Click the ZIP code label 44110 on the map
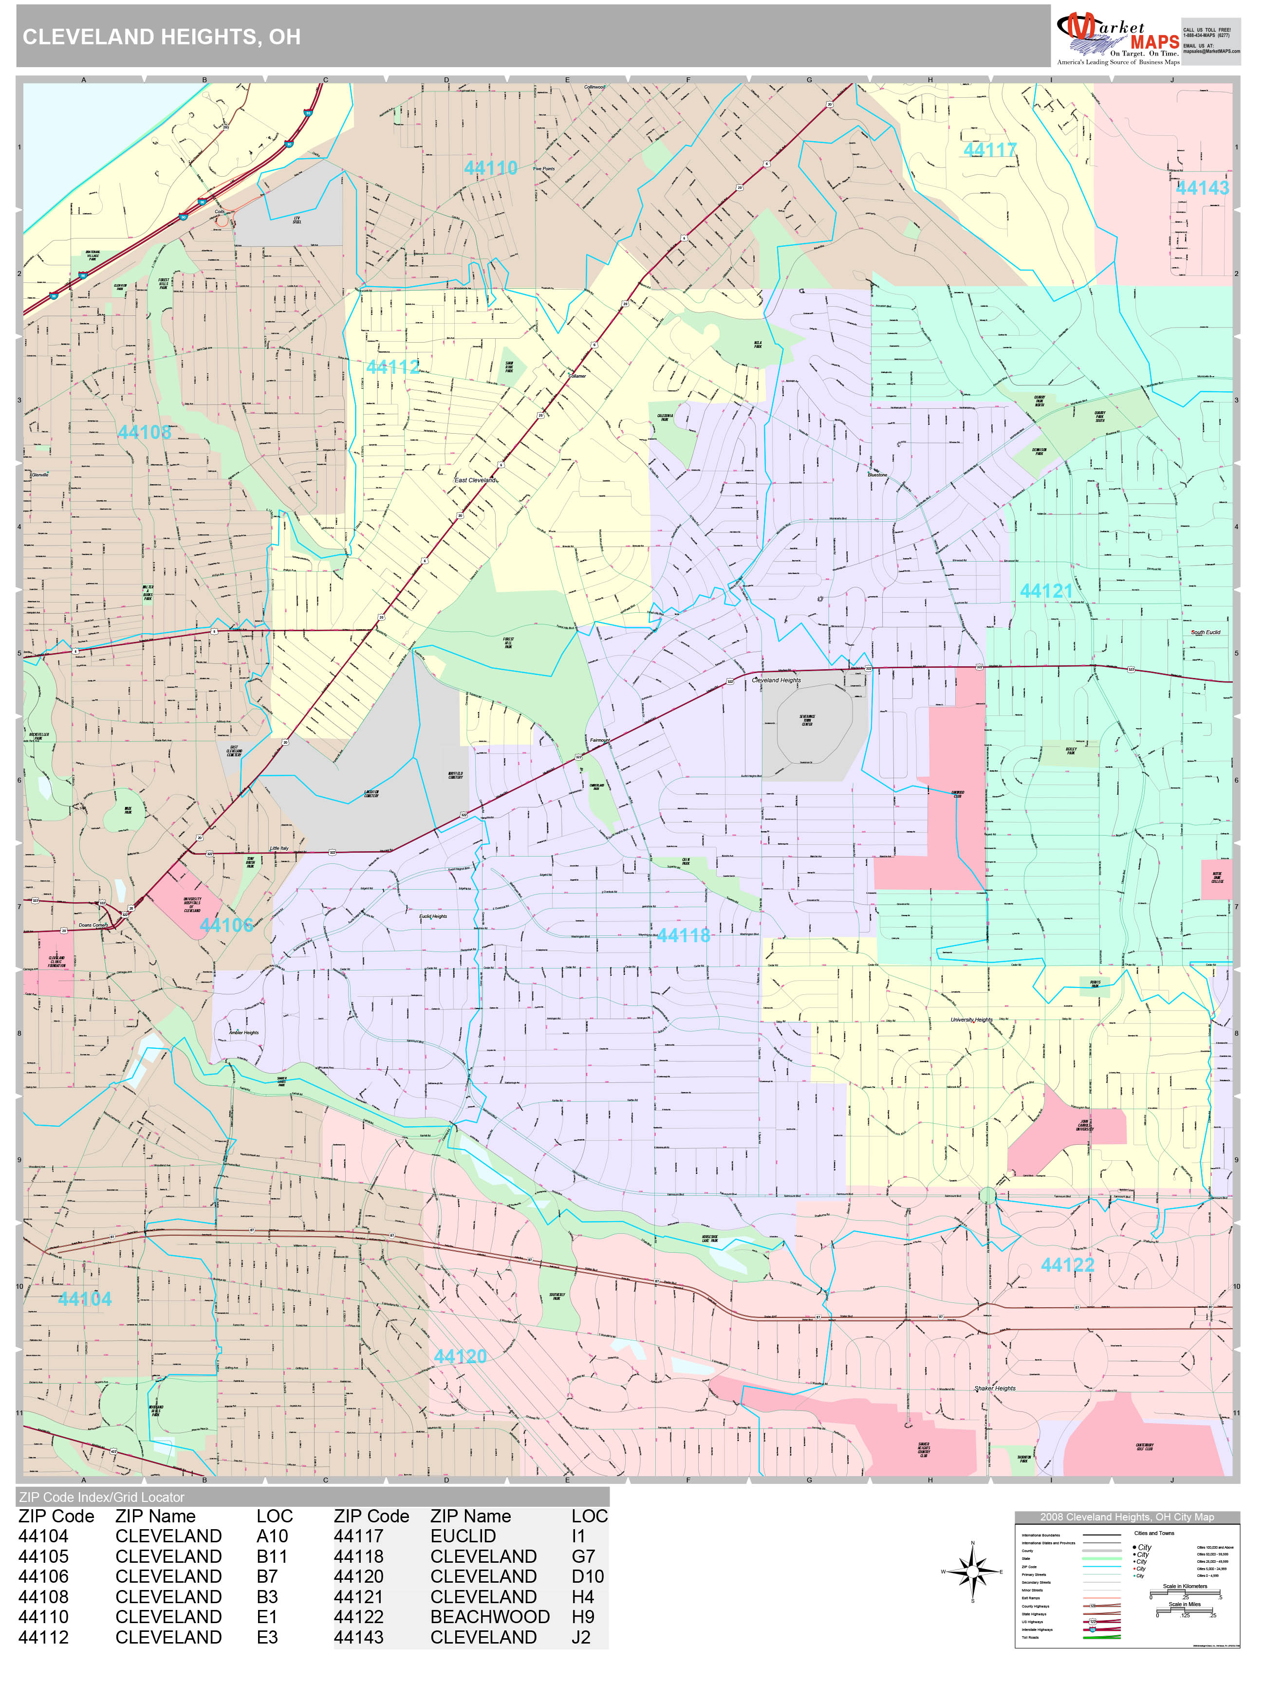pos(491,168)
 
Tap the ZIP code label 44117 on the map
pos(990,150)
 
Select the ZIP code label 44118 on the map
pos(683,935)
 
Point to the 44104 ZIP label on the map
pos(84,1299)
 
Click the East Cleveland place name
pos(475,480)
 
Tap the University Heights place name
pos(971,1020)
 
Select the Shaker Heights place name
pos(994,1388)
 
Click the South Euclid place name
pos(1205,632)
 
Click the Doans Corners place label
pos(93,925)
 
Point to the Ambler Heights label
pos(243,1033)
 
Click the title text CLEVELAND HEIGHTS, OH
pos(161,37)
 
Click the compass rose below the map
pos(972,1572)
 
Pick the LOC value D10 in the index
pos(587,1576)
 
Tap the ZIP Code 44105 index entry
pos(43,1556)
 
